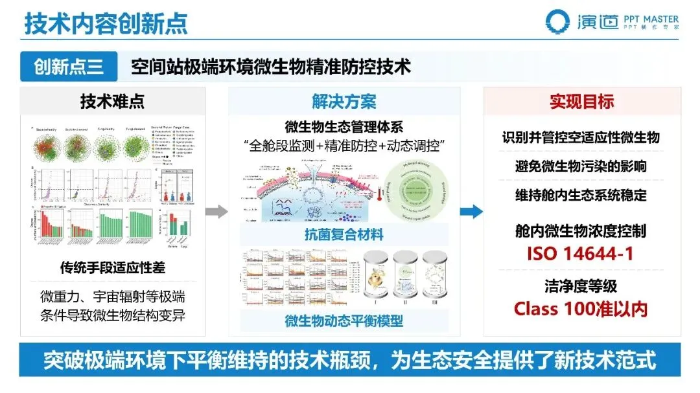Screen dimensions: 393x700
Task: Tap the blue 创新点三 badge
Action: (69, 67)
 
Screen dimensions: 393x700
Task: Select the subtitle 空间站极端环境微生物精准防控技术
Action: (272, 67)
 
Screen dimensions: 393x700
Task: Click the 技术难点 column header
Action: (113, 102)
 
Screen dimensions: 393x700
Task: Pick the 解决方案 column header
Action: (344, 102)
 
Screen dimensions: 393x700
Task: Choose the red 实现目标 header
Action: (581, 102)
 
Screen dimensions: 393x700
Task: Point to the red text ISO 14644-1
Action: (581, 253)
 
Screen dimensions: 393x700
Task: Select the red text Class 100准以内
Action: (581, 308)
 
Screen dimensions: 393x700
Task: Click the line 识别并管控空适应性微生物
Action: (581, 137)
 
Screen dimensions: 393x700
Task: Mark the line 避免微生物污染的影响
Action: (581, 166)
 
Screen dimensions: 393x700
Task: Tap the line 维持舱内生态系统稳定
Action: (581, 195)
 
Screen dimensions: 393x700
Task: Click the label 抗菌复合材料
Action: (344, 234)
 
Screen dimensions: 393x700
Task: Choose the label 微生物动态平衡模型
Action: (344, 320)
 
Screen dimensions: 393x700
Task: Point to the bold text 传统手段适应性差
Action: (113, 266)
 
